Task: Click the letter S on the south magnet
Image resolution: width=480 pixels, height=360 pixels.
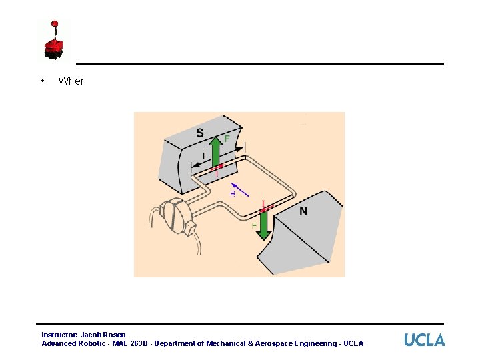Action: pos(200,133)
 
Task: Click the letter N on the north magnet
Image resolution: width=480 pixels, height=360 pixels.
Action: pos(303,211)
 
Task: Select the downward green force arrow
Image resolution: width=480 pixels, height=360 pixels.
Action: pos(263,225)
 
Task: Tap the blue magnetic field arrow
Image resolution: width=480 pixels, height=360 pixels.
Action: pos(240,189)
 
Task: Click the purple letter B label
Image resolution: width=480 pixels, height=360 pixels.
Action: pos(233,194)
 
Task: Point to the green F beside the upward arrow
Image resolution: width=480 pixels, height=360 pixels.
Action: pos(227,139)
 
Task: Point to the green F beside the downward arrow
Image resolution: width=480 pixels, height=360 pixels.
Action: pos(254,227)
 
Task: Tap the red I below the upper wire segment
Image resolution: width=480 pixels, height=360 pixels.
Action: pos(217,173)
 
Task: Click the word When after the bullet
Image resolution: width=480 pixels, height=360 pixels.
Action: pos(72,81)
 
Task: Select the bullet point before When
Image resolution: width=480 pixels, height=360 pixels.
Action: pos(43,81)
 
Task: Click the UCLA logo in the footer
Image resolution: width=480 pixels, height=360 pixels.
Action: pos(424,340)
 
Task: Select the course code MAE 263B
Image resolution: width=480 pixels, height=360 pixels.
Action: pos(128,343)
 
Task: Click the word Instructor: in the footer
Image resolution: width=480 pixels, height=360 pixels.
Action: pos(59,335)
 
